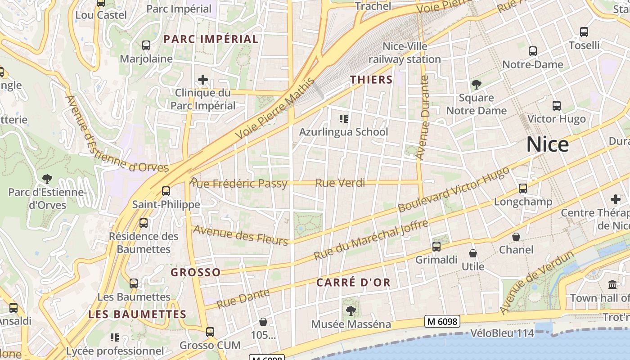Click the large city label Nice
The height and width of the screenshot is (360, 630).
click(x=548, y=144)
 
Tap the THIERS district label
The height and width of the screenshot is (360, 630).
click(x=372, y=80)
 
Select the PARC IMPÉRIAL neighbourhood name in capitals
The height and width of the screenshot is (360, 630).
click(x=211, y=39)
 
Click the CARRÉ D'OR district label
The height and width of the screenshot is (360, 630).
click(x=353, y=283)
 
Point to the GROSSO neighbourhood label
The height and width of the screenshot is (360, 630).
click(x=196, y=272)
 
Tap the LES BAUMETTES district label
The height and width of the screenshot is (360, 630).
click(x=137, y=314)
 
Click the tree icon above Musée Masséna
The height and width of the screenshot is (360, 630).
click(x=351, y=310)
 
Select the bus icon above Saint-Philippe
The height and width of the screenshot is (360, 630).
click(x=166, y=191)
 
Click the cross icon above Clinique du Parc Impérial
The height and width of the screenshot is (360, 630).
click(x=203, y=80)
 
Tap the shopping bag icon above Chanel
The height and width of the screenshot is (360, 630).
click(x=516, y=237)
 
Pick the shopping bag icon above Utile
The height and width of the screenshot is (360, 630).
click(x=473, y=254)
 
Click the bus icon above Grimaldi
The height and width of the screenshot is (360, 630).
click(x=436, y=247)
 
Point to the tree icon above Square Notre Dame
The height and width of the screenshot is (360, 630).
click(x=476, y=85)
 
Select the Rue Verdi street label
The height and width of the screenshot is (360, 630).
click(x=340, y=183)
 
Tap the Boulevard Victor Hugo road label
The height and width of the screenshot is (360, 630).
click(x=454, y=190)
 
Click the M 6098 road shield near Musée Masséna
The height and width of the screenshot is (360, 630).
click(x=442, y=321)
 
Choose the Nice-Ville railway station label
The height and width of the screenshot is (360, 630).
click(x=405, y=53)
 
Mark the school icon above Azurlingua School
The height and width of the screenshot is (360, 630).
click(x=344, y=119)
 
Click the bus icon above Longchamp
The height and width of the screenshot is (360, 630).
click(x=522, y=189)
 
